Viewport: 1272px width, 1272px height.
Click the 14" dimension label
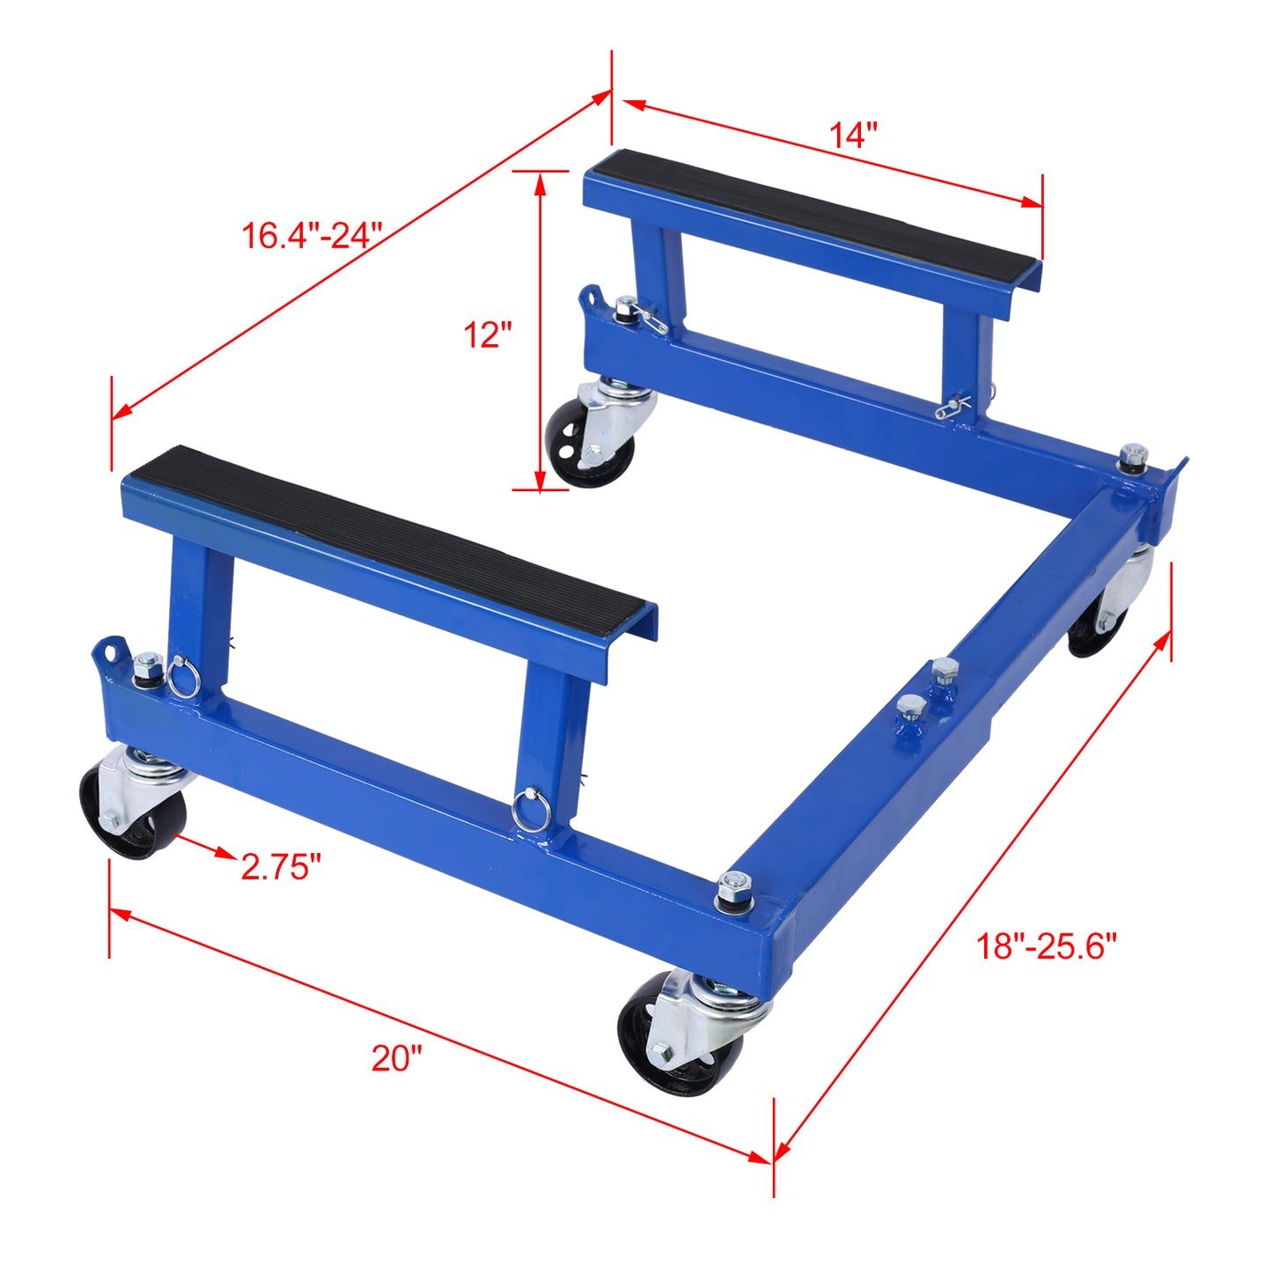click(x=853, y=135)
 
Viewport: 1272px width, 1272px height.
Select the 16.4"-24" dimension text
click(x=312, y=235)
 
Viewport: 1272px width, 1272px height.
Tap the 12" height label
click(x=488, y=335)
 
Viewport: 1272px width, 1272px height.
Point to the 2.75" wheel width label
click(x=281, y=867)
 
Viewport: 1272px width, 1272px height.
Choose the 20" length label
click(x=396, y=1057)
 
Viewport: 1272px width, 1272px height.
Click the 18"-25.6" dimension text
click(x=1046, y=946)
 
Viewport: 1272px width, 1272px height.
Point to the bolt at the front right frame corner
click(x=733, y=887)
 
